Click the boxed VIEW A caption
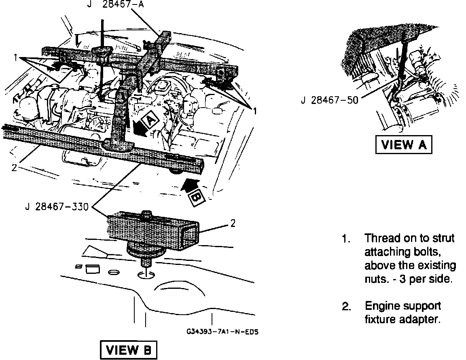tap(404, 145)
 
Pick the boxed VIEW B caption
tap(128, 350)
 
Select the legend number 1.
tap(345, 239)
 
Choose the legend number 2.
tap(346, 306)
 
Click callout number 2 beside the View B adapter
tap(233, 223)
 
